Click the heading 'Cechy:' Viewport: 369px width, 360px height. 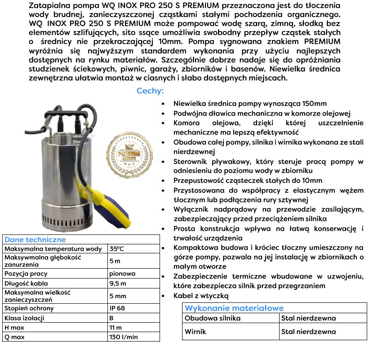click(150, 90)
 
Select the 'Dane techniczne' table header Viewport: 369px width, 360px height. click(35, 239)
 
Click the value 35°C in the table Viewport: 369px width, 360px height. click(116, 248)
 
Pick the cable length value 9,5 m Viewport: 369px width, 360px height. click(118, 283)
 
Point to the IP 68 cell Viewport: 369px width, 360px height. click(117, 308)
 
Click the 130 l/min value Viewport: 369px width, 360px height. click(123, 337)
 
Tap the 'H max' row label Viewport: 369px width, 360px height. click(13, 327)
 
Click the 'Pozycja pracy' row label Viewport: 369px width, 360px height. click(26, 273)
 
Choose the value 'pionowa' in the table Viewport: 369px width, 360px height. click(122, 273)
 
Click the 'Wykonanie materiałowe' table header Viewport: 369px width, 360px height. click(234, 308)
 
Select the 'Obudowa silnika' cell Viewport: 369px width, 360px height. click(213, 318)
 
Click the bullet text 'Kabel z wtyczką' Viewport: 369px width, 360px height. click(201, 296)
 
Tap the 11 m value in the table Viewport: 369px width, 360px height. click(116, 327)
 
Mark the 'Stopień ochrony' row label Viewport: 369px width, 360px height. click(29, 308)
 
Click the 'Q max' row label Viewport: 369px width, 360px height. click(14, 337)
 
